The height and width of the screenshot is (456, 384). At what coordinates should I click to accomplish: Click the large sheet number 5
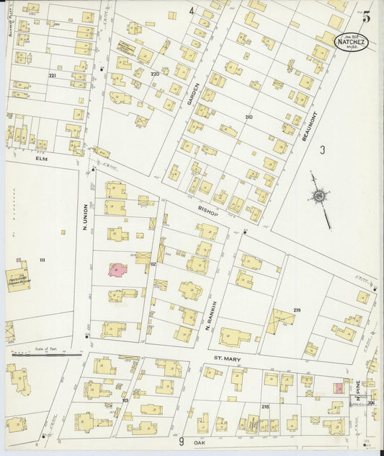[x=367, y=18]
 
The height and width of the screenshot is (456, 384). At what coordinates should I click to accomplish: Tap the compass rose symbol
[x=318, y=196]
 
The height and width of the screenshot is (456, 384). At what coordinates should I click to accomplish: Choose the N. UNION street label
[x=84, y=217]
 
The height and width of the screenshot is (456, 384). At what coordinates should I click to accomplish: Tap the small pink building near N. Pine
[x=337, y=388]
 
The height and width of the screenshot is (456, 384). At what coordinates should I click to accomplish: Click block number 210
[x=249, y=116]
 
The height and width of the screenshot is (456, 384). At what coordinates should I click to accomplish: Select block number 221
[x=52, y=75]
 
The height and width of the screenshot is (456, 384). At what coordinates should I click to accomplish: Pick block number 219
[x=296, y=310]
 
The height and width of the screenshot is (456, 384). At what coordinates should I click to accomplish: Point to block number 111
[x=43, y=259]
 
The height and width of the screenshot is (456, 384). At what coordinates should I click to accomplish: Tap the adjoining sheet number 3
[x=323, y=149]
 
